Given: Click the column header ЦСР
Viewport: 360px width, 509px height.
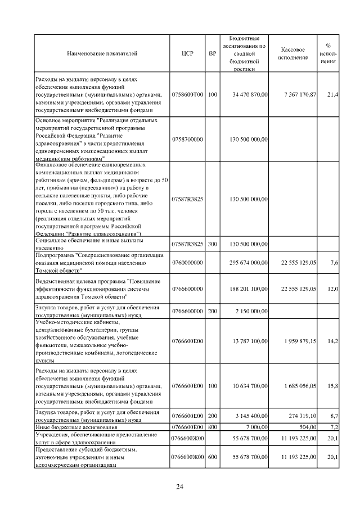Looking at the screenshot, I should click(187, 54).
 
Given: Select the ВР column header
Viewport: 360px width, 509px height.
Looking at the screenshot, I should click(212, 54).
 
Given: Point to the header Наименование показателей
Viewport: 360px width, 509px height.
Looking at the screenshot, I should click(102, 54).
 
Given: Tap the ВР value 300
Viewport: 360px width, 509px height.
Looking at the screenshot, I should click(212, 244).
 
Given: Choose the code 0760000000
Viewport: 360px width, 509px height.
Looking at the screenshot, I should click(187, 263).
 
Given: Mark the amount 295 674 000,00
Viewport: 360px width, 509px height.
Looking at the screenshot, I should click(249, 263).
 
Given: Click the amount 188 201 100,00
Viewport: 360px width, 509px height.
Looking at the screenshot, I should click(249, 289).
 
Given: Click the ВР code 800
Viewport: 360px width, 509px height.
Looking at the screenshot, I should click(212, 427).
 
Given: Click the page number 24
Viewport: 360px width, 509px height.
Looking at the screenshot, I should click(179, 487).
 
